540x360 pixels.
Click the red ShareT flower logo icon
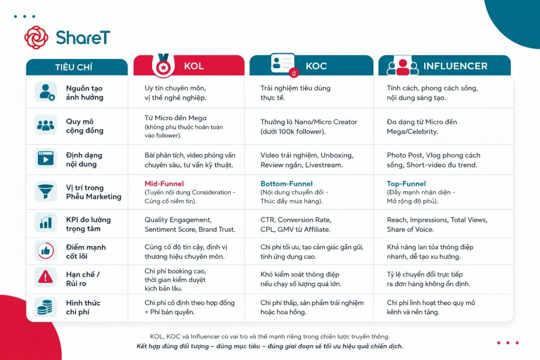click(x=36, y=37)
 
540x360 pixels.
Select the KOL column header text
click(x=194, y=66)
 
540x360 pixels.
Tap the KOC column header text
click(x=316, y=66)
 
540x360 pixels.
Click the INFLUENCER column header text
click(x=455, y=66)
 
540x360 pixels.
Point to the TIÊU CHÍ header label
click(x=74, y=67)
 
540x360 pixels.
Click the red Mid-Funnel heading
click(x=165, y=184)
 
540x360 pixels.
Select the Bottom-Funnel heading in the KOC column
click(x=286, y=184)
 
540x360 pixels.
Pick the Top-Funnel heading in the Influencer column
click(x=407, y=184)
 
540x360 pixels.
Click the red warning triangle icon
click(x=45, y=277)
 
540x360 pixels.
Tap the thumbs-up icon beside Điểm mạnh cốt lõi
click(x=45, y=251)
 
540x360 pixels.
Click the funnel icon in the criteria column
click(x=45, y=191)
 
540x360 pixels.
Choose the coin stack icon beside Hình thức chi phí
click(x=45, y=307)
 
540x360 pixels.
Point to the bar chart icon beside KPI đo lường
click(x=45, y=222)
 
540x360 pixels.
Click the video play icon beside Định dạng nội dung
click(x=45, y=159)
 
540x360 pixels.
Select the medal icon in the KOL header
click(x=163, y=65)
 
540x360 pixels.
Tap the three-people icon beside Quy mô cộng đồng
click(x=45, y=125)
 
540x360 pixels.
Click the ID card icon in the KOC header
click(x=283, y=63)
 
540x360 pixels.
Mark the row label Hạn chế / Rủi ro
click(x=83, y=279)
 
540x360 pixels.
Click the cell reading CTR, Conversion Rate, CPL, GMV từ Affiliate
click(x=296, y=225)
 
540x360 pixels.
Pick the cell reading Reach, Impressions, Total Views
click(x=437, y=225)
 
